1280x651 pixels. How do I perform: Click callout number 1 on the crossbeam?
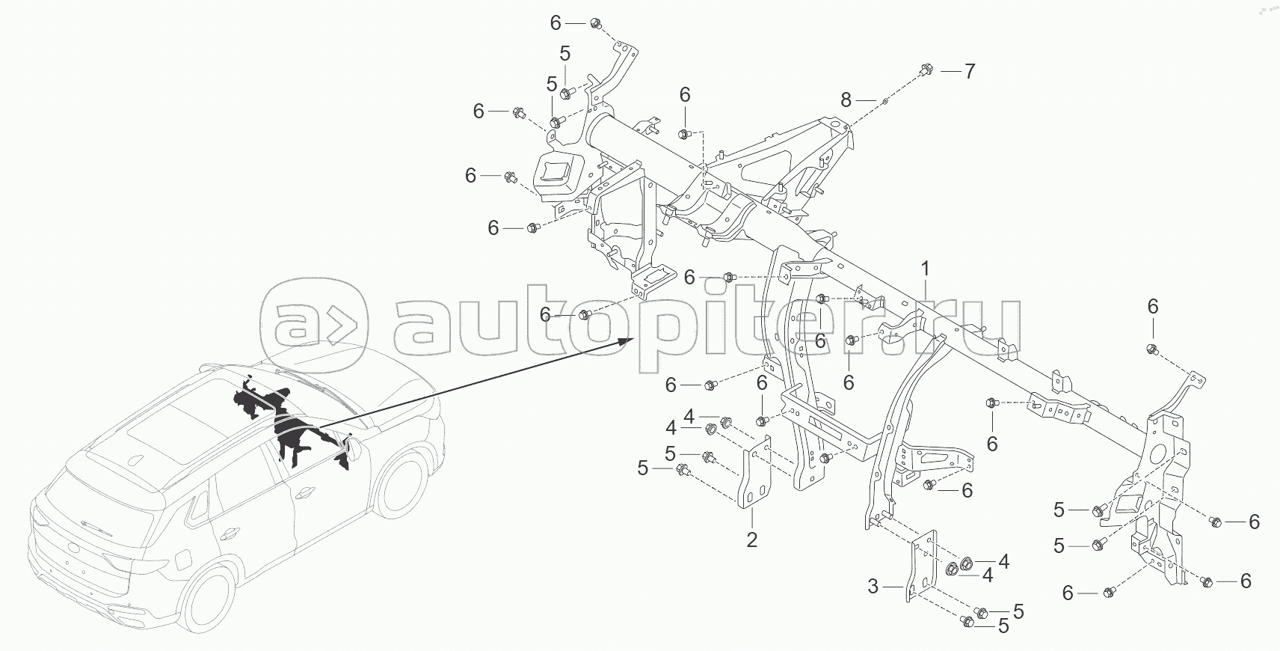(x=926, y=269)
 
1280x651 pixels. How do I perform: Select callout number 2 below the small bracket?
(x=752, y=539)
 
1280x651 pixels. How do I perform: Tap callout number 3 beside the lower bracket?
(x=873, y=587)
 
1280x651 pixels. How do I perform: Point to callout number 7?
(x=969, y=72)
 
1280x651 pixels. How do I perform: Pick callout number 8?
(x=846, y=100)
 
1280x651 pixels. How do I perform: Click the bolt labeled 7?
(x=926, y=70)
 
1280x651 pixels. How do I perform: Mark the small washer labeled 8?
(x=885, y=99)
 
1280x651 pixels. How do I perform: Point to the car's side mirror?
(x=351, y=449)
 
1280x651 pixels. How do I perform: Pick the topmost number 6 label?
(x=555, y=23)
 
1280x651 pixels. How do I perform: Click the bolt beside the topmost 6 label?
(x=595, y=23)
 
